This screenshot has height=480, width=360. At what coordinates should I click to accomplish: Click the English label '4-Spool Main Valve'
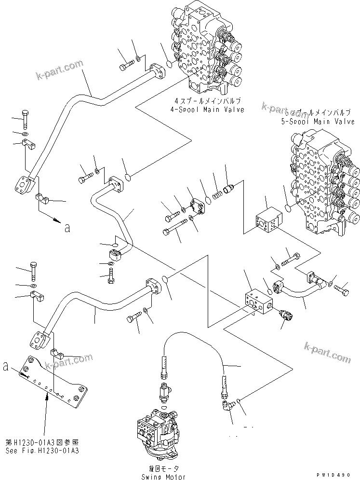209,110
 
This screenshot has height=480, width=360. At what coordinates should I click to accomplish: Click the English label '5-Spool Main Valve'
318,122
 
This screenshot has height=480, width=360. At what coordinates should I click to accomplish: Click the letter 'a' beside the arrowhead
67,228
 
